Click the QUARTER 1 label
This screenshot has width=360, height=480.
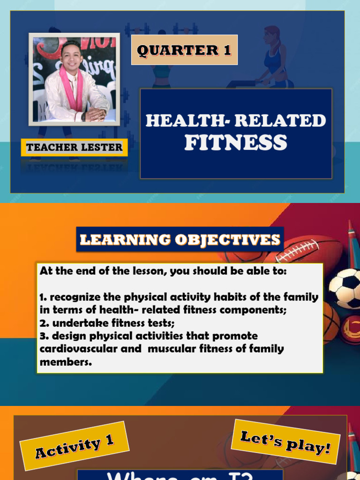184,50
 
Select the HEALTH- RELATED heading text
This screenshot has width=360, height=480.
235,120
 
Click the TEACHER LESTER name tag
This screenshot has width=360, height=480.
74,148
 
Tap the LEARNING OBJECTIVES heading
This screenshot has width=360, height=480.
180,240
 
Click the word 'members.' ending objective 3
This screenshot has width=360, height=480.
66,362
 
